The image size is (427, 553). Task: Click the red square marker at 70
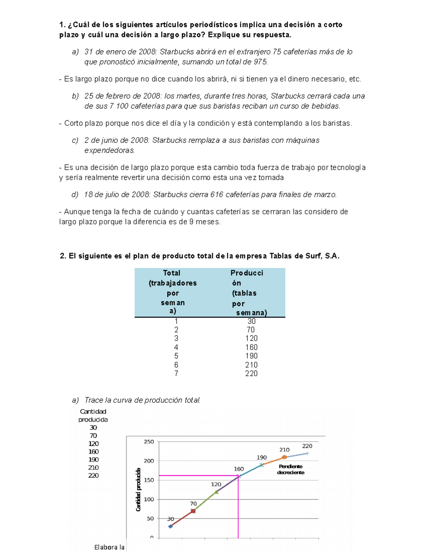click(x=193, y=511)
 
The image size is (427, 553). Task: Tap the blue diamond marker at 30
click(x=170, y=526)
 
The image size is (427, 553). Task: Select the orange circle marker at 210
click(x=284, y=457)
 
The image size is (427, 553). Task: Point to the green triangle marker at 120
click(x=216, y=492)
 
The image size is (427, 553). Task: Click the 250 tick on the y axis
click(x=149, y=442)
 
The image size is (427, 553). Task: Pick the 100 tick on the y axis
click(x=149, y=500)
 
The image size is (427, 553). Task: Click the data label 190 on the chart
click(x=262, y=458)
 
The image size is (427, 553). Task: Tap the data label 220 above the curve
click(x=307, y=446)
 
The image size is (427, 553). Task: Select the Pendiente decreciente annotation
click(x=291, y=469)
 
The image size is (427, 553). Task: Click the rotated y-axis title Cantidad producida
click(x=138, y=490)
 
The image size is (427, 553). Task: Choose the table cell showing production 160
click(x=251, y=347)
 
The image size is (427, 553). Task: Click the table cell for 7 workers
click(x=176, y=374)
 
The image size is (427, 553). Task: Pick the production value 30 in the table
click(x=251, y=321)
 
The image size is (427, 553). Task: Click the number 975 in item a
click(x=260, y=62)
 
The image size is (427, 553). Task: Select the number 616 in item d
click(x=217, y=195)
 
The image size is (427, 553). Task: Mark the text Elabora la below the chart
click(x=109, y=547)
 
